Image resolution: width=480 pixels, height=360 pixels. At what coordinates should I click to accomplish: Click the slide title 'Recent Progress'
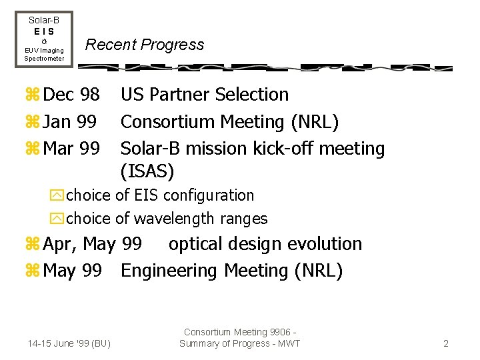point(145,45)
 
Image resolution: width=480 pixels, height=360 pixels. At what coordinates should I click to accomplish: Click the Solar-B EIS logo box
point(44,39)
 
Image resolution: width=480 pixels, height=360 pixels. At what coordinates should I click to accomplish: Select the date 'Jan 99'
point(69,122)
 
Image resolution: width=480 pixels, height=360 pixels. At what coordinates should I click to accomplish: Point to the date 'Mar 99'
point(71,149)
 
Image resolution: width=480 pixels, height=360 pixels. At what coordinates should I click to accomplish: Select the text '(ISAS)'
point(147,172)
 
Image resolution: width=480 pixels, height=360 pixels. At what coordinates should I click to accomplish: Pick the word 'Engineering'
point(170,271)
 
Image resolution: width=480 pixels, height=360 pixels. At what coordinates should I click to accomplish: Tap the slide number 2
point(445,344)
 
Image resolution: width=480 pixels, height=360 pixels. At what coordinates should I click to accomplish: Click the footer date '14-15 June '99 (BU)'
point(69,344)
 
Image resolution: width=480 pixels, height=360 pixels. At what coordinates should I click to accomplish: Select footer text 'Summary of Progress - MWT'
point(240,344)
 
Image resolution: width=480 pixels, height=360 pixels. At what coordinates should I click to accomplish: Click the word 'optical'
point(198,245)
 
